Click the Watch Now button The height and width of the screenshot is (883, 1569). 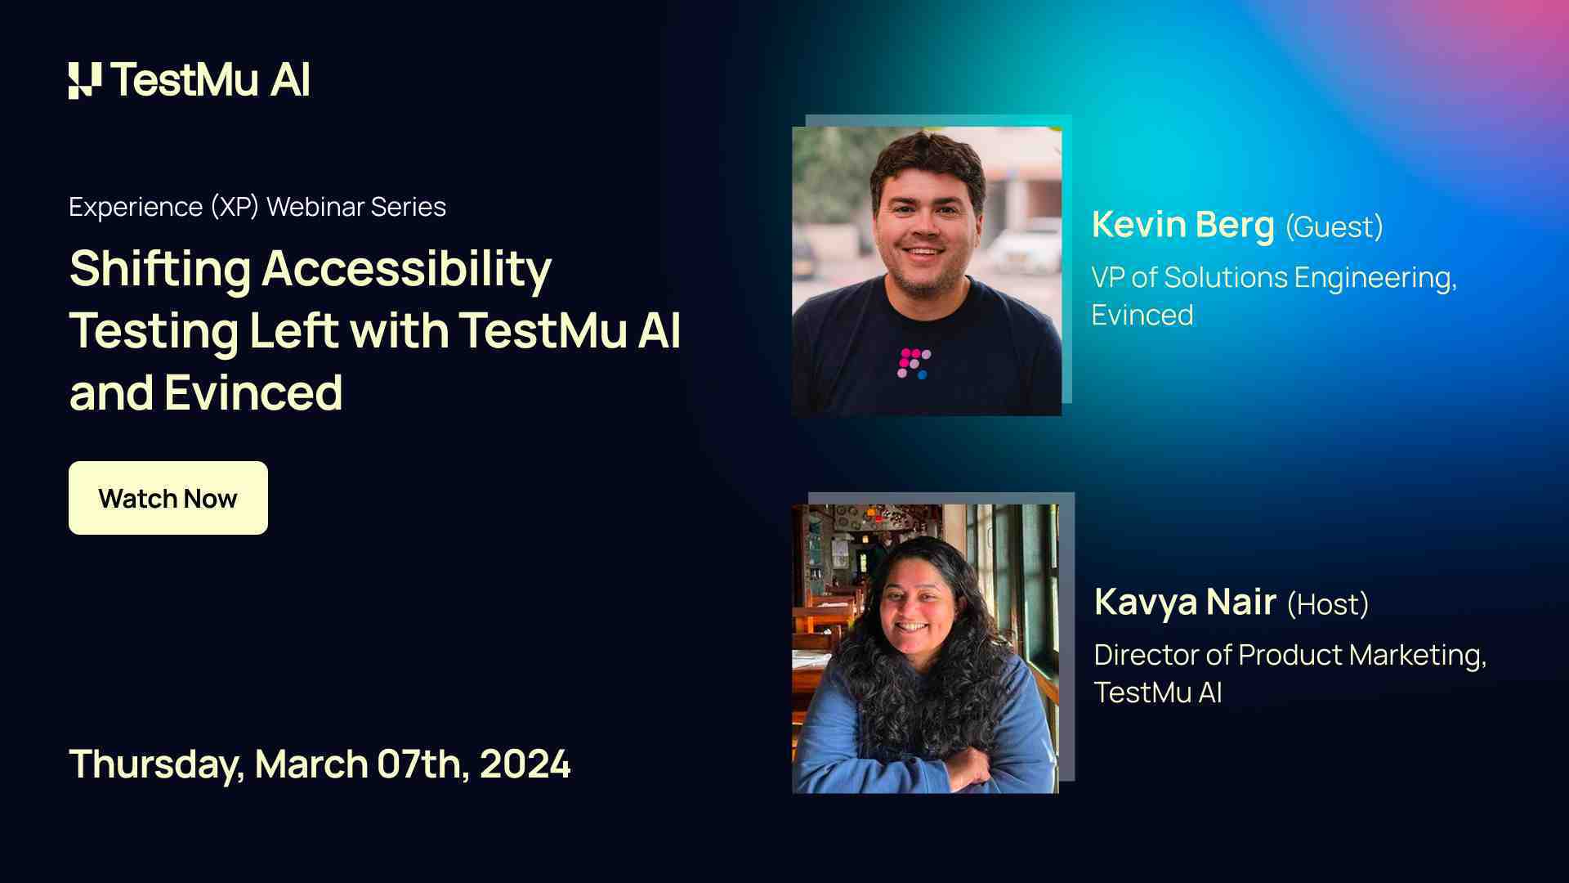[168, 498]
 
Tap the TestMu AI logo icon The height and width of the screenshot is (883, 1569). [85, 80]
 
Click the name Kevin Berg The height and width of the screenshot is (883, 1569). [1182, 225]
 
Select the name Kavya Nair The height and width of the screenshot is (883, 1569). [1185, 603]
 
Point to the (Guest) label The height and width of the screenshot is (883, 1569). [1334, 227]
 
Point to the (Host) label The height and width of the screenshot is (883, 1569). [1327, 605]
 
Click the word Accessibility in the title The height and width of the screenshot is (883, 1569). [406, 269]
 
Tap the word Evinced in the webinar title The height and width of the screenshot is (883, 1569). [253, 393]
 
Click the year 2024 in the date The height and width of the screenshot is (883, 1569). [525, 764]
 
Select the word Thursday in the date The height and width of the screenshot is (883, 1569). [156, 765]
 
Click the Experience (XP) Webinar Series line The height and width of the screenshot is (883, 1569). [257, 207]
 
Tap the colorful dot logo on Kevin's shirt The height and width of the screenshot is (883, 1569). [914, 363]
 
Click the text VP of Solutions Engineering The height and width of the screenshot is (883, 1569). [1273, 278]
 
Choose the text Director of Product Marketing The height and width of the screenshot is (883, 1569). [1290, 656]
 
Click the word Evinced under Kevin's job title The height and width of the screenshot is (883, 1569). [1142, 316]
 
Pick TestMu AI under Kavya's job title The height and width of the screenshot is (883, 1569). [1157, 693]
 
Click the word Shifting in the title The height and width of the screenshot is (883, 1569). [160, 269]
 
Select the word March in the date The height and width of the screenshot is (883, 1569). [311, 764]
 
